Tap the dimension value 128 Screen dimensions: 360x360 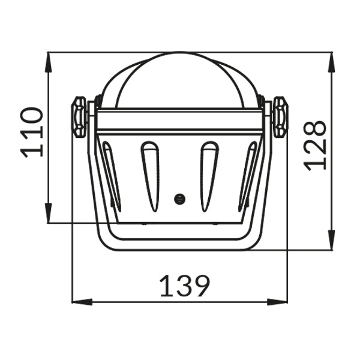315,145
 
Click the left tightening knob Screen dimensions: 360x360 79,118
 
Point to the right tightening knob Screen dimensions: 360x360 280,118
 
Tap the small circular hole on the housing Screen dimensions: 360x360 179,199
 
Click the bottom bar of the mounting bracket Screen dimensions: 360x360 179,247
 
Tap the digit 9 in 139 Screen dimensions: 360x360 200,287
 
